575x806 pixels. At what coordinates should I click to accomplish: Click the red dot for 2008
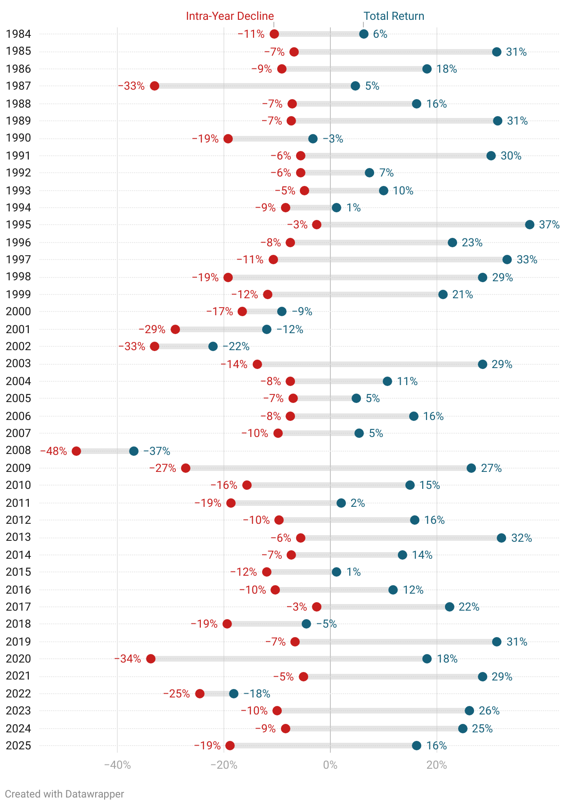point(76,451)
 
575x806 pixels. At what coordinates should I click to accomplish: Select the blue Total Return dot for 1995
point(530,225)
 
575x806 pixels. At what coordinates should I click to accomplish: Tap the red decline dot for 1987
point(155,86)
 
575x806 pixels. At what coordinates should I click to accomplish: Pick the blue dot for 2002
point(213,346)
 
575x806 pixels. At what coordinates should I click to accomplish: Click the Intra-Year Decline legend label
point(230,16)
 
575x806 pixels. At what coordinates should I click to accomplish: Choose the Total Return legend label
point(394,16)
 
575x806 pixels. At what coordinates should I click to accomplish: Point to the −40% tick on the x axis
point(117,765)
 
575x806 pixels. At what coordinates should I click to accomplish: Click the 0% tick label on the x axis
point(330,765)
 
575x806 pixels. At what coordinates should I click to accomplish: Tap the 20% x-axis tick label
point(436,765)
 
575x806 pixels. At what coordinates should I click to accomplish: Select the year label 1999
point(18,294)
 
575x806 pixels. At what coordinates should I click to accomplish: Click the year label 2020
point(18,659)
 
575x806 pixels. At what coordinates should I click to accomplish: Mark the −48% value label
point(54,451)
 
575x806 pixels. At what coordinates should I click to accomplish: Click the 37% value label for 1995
point(549,225)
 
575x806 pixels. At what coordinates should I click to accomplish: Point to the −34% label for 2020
point(128,659)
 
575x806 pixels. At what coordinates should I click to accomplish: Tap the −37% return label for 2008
point(156,451)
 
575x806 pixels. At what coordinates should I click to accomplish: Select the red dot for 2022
point(200,694)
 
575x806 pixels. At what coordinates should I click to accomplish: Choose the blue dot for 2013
point(501,538)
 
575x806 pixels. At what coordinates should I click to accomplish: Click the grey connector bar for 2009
point(329,468)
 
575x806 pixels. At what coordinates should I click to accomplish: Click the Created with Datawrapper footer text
point(65,794)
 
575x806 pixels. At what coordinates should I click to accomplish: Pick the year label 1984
point(18,34)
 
